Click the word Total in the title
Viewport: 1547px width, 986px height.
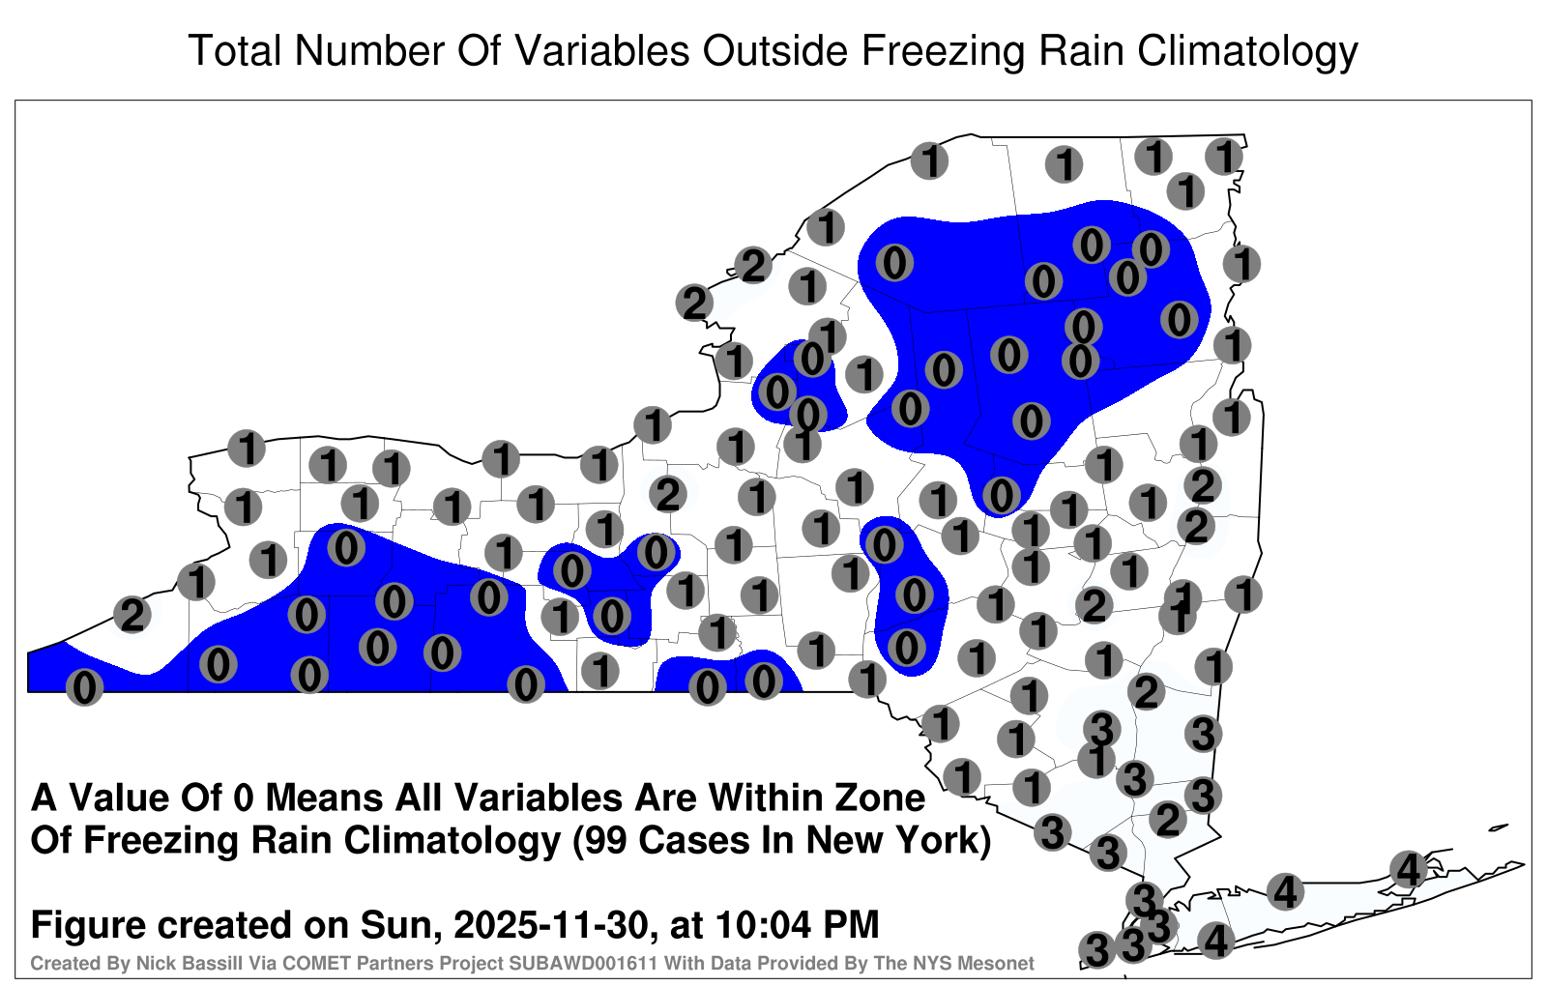tap(236, 50)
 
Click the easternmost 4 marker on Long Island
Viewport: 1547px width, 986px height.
tap(1408, 869)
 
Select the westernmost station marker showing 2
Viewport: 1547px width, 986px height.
tap(132, 615)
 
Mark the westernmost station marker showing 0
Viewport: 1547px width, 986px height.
tap(84, 687)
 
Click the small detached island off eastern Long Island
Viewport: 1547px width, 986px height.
tap(1499, 827)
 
